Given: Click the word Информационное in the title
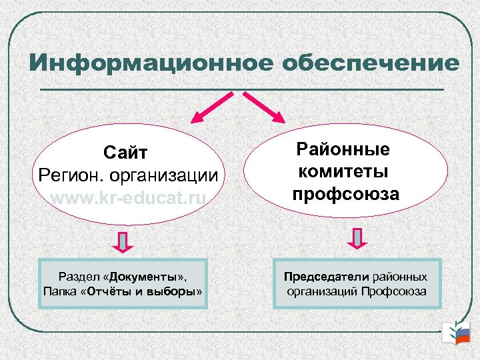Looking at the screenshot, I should coord(150,63).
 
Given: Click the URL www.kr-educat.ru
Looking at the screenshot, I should coord(129,198).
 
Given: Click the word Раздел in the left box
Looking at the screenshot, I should coord(79,276).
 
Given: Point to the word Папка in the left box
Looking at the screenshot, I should coord(60,291).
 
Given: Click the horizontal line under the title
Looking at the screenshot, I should coord(241,89).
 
